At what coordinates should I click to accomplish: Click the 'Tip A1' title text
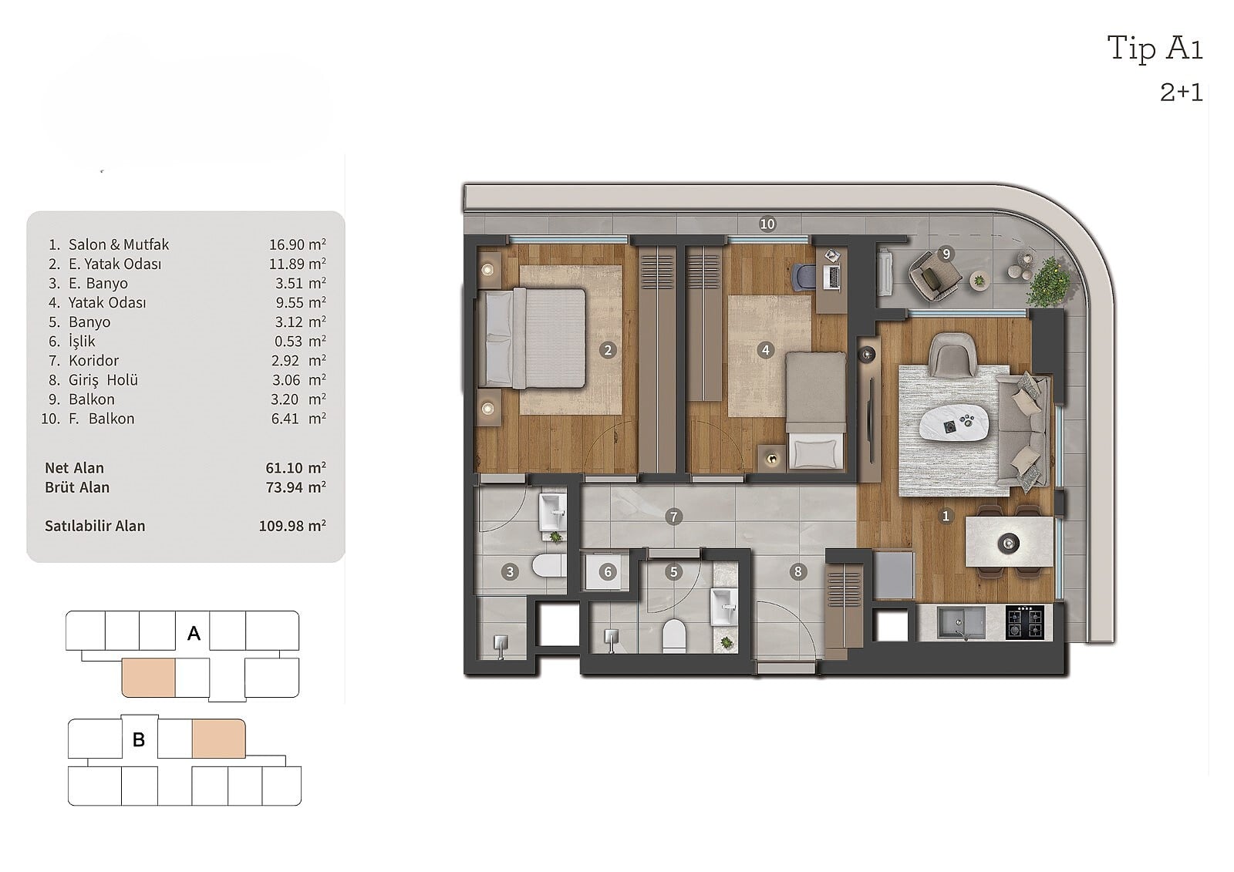[x=1155, y=48]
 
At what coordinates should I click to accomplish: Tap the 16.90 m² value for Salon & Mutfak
[x=298, y=244]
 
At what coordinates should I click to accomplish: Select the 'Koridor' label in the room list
[x=93, y=360]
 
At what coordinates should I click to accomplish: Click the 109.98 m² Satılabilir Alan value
[x=292, y=526]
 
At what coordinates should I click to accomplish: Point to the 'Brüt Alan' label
[x=77, y=487]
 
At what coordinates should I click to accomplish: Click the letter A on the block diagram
[x=194, y=634]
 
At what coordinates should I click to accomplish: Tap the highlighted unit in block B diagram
[x=219, y=738]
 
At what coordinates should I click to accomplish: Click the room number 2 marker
[x=608, y=350]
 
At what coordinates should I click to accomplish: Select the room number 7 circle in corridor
[x=673, y=517]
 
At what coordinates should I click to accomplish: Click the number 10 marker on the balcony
[x=767, y=224]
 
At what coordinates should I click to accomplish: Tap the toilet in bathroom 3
[x=548, y=566]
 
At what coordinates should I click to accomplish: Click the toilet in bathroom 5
[x=674, y=635]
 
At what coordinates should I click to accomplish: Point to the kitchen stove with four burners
[x=1025, y=622]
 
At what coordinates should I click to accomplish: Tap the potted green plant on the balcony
[x=1048, y=281]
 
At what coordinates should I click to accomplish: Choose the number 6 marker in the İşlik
[x=608, y=572]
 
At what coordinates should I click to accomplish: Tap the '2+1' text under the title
[x=1181, y=93]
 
